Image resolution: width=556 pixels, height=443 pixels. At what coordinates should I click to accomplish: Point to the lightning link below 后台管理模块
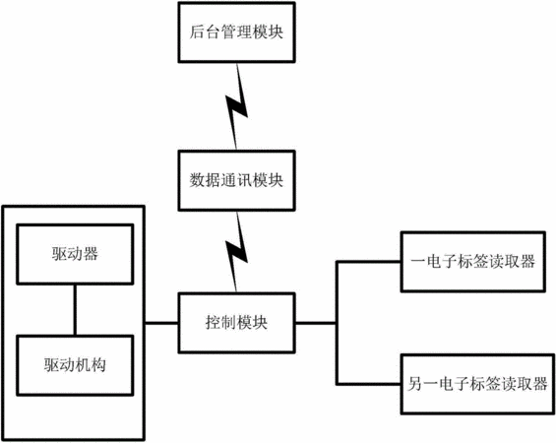pyautogui.click(x=237, y=106)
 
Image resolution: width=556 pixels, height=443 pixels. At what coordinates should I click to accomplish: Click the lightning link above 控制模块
pyautogui.click(x=237, y=252)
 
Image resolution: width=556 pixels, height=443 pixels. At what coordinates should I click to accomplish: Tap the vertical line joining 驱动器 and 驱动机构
pyautogui.click(x=75, y=310)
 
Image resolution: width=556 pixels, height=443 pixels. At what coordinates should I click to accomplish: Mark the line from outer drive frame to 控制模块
pyautogui.click(x=161, y=323)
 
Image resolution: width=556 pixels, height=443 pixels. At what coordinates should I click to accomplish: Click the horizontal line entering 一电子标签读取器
pyautogui.click(x=369, y=262)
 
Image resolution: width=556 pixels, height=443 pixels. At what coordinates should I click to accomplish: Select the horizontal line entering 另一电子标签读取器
pyautogui.click(x=369, y=384)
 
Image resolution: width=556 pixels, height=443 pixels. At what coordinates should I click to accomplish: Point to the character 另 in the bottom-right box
pyautogui.click(x=415, y=384)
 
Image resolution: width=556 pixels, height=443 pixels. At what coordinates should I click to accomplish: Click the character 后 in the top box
pyautogui.click(x=197, y=32)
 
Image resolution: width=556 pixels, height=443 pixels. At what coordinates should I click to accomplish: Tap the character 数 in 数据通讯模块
pyautogui.click(x=197, y=180)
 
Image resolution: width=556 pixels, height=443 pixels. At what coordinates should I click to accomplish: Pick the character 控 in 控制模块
pyautogui.click(x=213, y=323)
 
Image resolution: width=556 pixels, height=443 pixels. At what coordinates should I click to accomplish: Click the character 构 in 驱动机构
pyautogui.click(x=98, y=365)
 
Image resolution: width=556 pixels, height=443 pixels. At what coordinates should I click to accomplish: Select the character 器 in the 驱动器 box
pyautogui.click(x=91, y=254)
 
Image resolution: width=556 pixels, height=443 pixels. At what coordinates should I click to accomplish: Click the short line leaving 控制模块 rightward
pyautogui.click(x=316, y=323)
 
